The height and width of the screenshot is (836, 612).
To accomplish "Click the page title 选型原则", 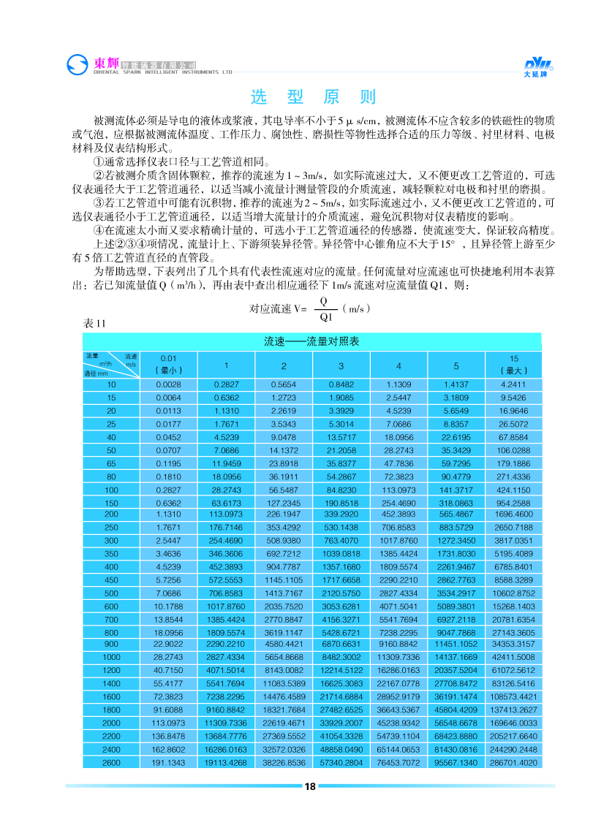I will tap(312, 97).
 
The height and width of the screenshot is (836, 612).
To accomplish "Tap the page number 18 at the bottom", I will tap(309, 786).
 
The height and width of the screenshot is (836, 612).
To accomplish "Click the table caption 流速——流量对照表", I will tap(311, 341).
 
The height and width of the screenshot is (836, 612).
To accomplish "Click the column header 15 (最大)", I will tap(513, 364).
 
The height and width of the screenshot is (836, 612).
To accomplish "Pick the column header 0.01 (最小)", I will tap(169, 364).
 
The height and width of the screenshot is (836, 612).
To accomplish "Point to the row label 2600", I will tap(111, 762).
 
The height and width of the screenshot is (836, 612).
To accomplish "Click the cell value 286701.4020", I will tap(513, 762).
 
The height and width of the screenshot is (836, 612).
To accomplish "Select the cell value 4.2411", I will tap(513, 384).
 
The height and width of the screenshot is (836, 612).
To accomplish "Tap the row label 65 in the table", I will tap(111, 463).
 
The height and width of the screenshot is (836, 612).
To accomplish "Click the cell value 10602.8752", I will tap(513, 593).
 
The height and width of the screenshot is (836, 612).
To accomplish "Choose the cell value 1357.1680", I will tap(341, 566).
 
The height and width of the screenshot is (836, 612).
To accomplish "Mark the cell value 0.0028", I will tap(169, 384).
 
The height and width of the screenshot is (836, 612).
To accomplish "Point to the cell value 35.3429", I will tap(456, 449).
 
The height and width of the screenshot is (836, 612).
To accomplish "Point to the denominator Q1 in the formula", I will tap(325, 316).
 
